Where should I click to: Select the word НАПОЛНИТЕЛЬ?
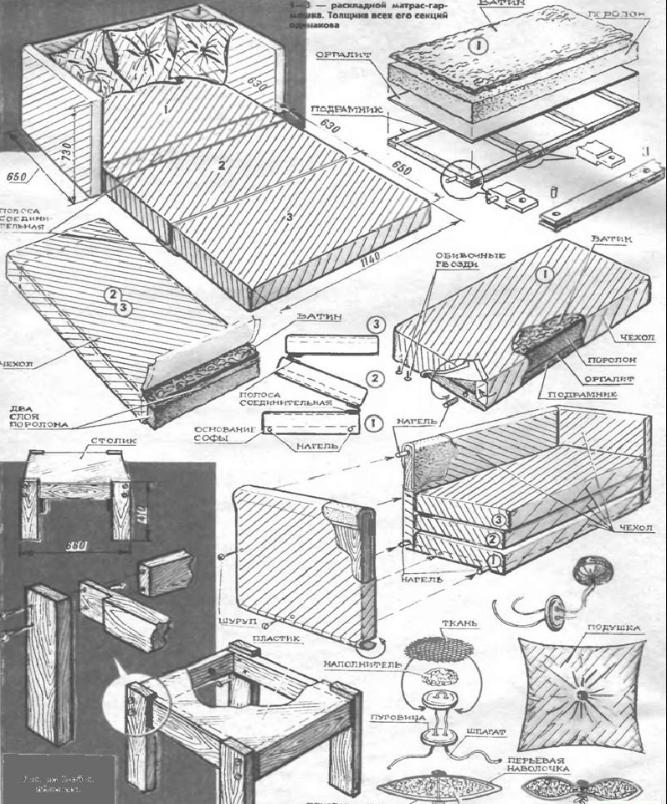pyautogui.click(x=362, y=664)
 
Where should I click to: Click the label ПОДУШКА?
pyautogui.click(x=613, y=627)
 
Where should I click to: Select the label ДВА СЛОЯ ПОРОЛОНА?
pyautogui.click(x=23, y=414)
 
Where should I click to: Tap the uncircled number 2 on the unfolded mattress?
pyautogui.click(x=222, y=166)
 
